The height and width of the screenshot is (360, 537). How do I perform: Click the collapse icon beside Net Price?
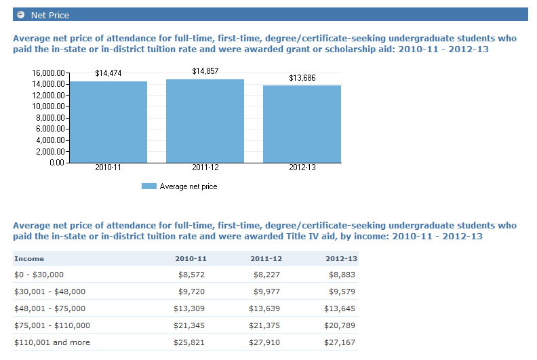tap(21, 15)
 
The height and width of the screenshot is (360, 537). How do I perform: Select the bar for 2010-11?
tap(108, 122)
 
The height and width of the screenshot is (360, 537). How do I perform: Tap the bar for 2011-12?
tap(205, 121)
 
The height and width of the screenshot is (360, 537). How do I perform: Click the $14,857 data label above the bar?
tap(205, 71)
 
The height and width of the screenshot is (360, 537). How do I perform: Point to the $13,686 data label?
tap(302, 79)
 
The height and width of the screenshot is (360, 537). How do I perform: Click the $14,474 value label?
tap(108, 73)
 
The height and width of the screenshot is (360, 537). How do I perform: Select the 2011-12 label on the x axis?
tap(205, 167)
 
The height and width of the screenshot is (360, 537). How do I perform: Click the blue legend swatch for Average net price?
tap(148, 186)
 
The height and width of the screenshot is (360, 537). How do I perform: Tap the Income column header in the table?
tap(29, 258)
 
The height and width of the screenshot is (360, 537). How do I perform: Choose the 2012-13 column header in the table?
tap(341, 258)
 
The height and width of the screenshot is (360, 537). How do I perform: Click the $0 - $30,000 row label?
tap(39, 275)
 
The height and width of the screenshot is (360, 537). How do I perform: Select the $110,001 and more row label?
tap(52, 342)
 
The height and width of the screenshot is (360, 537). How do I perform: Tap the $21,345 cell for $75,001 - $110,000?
tap(190, 325)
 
